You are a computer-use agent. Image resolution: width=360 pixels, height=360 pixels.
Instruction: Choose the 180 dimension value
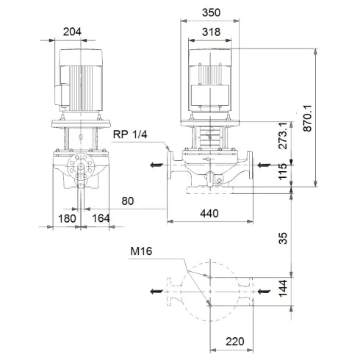pos(67,217)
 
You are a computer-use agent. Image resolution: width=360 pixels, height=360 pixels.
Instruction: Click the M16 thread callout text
pos(143,251)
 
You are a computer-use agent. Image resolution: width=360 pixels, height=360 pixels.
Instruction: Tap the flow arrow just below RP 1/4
pos(156,165)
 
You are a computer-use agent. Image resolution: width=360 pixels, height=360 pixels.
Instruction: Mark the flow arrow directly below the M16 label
pos(156,292)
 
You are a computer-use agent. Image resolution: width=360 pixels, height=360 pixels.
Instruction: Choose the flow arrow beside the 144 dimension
pos(263,292)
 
